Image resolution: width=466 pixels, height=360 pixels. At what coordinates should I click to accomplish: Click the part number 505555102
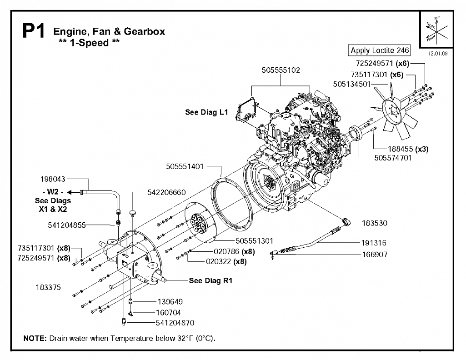click(281, 70)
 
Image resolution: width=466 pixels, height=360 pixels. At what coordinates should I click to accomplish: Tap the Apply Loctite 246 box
click(380, 50)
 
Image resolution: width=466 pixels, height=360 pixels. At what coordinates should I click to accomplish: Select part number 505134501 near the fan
click(351, 84)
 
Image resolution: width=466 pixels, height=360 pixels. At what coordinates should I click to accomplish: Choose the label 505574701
click(393, 158)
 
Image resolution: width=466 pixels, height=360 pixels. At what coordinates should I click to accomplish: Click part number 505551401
click(185, 166)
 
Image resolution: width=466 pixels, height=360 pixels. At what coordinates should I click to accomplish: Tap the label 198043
click(53, 179)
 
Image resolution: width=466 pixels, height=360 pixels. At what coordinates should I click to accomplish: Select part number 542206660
click(166, 192)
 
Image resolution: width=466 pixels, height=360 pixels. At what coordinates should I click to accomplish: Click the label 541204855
click(66, 225)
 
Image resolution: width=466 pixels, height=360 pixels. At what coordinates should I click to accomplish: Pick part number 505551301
click(255, 240)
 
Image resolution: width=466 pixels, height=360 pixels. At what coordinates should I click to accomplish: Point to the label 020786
click(226, 252)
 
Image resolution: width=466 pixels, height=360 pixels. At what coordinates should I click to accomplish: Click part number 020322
click(218, 262)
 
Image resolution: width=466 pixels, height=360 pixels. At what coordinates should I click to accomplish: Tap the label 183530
click(375, 223)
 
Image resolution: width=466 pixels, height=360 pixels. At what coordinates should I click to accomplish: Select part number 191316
click(374, 243)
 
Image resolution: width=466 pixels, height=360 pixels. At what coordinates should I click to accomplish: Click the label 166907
click(375, 255)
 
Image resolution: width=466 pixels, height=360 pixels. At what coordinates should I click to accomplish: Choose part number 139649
click(170, 302)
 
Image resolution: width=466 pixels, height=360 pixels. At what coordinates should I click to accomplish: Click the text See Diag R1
click(210, 281)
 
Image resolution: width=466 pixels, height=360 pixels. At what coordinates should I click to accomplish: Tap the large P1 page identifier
click(34, 31)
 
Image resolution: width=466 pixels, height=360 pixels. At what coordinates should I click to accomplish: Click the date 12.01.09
click(437, 54)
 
